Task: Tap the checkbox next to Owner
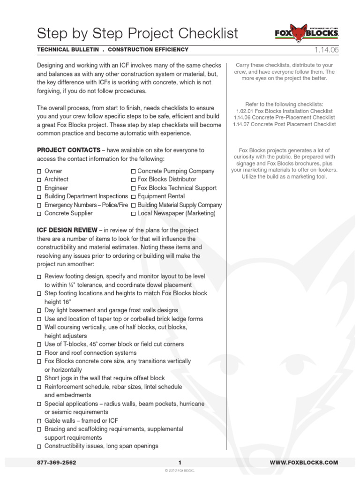coord(39,172)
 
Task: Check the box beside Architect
coord(39,180)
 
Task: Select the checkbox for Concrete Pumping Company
coord(134,172)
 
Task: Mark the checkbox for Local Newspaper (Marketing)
coord(134,214)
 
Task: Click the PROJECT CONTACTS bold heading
coord(70,150)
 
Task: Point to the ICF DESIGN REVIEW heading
coord(67,230)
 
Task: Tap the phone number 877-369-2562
coord(56,463)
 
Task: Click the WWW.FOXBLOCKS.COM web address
coord(304,463)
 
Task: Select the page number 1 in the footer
coord(180,463)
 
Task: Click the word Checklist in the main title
coord(202,34)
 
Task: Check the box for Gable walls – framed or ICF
coord(39,421)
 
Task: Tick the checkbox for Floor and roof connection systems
coord(39,353)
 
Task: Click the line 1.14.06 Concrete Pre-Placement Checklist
coord(284,117)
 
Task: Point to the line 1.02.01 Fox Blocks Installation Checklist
coord(284,110)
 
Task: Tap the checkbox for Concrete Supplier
coord(39,214)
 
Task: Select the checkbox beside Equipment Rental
coord(134,197)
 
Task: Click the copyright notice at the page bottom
coord(180,470)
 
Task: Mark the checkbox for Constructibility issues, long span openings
coord(39,446)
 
